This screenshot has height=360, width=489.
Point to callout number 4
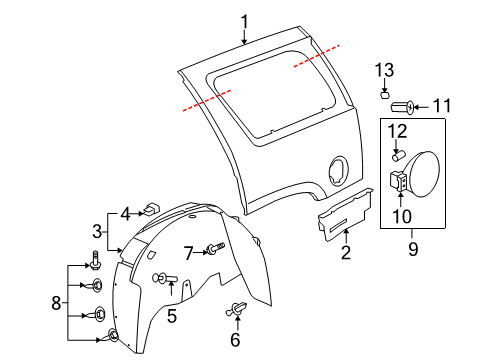pyautogui.click(x=126, y=212)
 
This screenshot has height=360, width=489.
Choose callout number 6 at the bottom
pyautogui.click(x=236, y=339)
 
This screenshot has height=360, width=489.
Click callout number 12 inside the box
pyautogui.click(x=397, y=132)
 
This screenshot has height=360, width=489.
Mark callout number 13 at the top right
pyautogui.click(x=385, y=70)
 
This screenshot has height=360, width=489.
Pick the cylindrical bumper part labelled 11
pyautogui.click(x=405, y=105)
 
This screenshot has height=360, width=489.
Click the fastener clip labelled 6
pyautogui.click(x=238, y=310)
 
